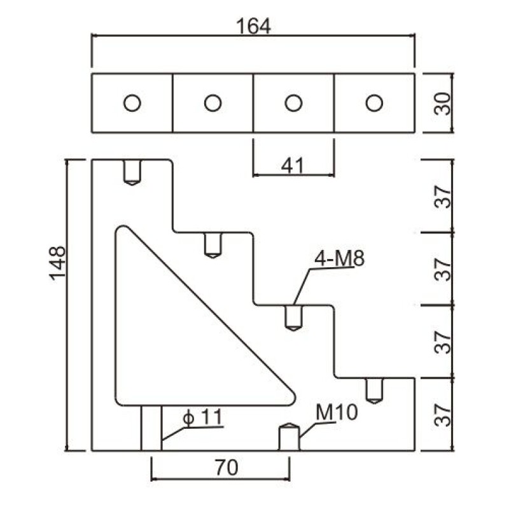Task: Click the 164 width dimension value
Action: (x=253, y=27)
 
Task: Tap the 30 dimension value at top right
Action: (x=443, y=103)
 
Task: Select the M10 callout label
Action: (x=337, y=412)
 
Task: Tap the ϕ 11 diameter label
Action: (x=202, y=417)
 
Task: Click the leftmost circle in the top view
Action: (x=132, y=102)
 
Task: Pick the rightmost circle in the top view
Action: (x=374, y=102)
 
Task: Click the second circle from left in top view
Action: (x=213, y=102)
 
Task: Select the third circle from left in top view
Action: (x=293, y=102)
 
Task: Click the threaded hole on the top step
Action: (x=132, y=172)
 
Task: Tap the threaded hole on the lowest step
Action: (x=374, y=390)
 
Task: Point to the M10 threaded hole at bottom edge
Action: (x=289, y=437)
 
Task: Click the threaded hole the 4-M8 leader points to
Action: (x=293, y=317)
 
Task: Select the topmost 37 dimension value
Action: (x=443, y=197)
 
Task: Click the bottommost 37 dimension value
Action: (x=443, y=415)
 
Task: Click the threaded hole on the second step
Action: (x=213, y=245)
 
